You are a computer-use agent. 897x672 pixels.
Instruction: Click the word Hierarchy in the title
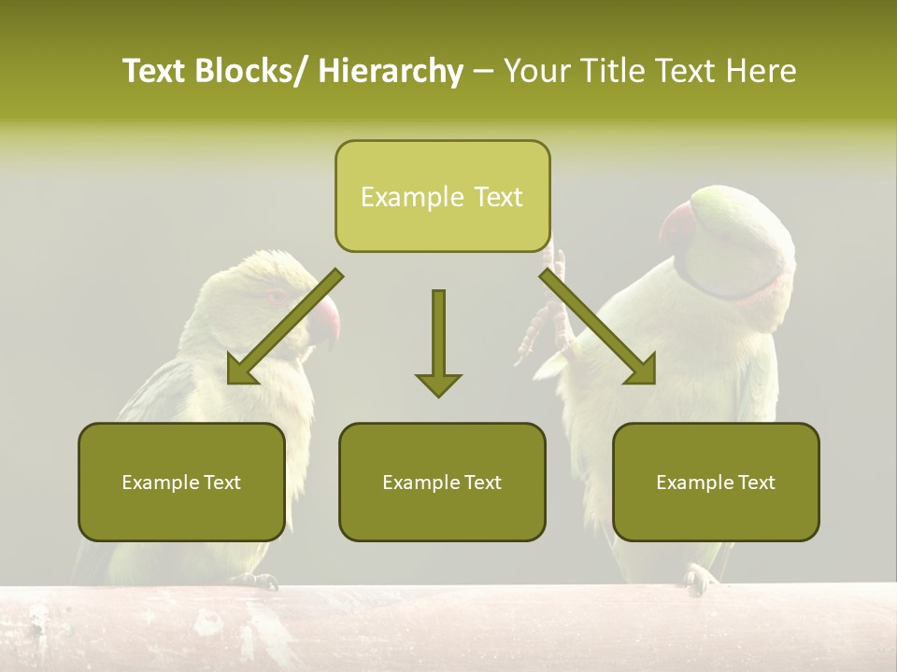[x=391, y=72]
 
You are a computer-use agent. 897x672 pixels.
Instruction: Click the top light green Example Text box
[x=442, y=197]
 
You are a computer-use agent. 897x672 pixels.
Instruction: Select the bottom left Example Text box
[x=181, y=483]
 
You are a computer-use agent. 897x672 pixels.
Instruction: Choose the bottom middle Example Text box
[x=442, y=483]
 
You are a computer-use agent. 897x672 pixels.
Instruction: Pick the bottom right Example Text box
[x=716, y=483]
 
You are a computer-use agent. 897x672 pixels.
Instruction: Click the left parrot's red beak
[x=324, y=320]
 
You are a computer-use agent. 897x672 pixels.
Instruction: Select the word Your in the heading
[x=536, y=72]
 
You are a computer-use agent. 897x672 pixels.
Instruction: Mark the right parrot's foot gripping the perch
[x=698, y=579]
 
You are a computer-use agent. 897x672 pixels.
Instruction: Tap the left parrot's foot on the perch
[x=256, y=581]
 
